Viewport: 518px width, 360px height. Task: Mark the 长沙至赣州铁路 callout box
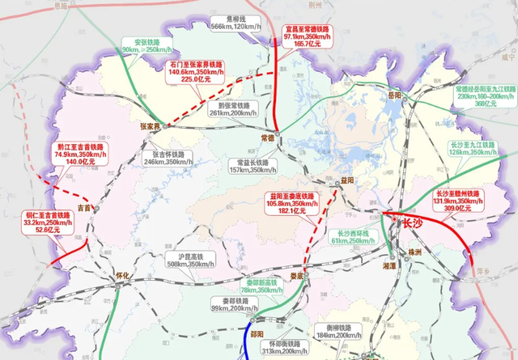coord(458,200)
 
